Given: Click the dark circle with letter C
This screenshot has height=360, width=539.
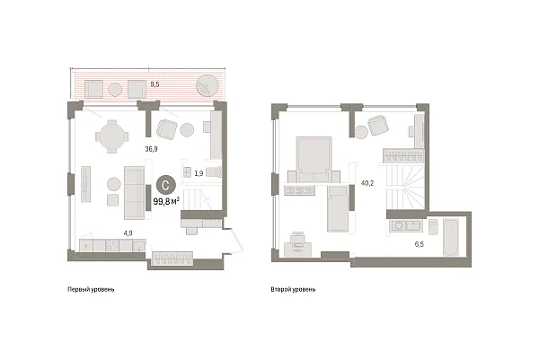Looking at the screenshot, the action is click(x=166, y=186).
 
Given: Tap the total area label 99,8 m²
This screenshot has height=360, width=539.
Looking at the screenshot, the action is click(x=166, y=201).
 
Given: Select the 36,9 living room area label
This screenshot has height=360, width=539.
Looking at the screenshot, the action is click(x=151, y=149).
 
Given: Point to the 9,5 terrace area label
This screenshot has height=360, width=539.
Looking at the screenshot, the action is click(x=155, y=84).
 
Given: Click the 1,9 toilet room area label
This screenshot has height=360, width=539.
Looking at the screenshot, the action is click(x=199, y=173).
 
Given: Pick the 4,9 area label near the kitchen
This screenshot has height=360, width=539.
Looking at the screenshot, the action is click(x=128, y=233).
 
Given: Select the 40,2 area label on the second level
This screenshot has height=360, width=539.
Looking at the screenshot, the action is click(x=367, y=183).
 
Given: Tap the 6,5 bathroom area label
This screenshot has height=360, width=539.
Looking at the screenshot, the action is click(x=419, y=244).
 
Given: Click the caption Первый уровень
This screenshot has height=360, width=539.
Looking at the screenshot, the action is click(x=91, y=290).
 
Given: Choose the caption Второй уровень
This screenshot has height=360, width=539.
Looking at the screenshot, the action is click(x=293, y=290).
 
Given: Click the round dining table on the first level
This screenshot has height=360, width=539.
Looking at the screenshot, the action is click(x=111, y=136).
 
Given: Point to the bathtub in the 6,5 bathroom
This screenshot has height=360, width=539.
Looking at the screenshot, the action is click(x=451, y=237).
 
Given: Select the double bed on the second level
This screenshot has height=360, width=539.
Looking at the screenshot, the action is click(x=314, y=160).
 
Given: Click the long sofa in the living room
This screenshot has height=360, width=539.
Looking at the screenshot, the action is click(x=134, y=193).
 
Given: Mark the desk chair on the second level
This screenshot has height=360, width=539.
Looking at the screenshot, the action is click(x=297, y=237).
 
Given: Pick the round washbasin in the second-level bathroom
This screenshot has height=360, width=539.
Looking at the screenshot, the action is click(x=399, y=226).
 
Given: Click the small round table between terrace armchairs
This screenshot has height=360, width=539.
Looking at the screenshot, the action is click(x=115, y=90).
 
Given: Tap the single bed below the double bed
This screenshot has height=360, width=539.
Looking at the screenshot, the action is click(x=339, y=208).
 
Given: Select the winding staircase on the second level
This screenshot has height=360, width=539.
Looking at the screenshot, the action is click(x=406, y=186).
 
